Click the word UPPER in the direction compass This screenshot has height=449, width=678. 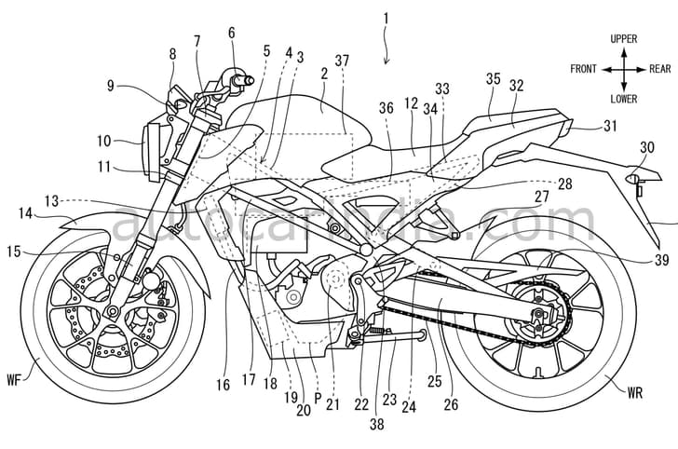click(623, 39)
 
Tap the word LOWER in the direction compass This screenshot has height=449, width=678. click(623, 98)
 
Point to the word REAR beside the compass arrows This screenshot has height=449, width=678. click(659, 69)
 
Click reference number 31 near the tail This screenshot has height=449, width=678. click(610, 126)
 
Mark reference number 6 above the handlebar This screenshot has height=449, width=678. click(232, 33)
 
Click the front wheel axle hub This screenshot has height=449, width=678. click(110, 311)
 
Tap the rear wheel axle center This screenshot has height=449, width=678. click(538, 315)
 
